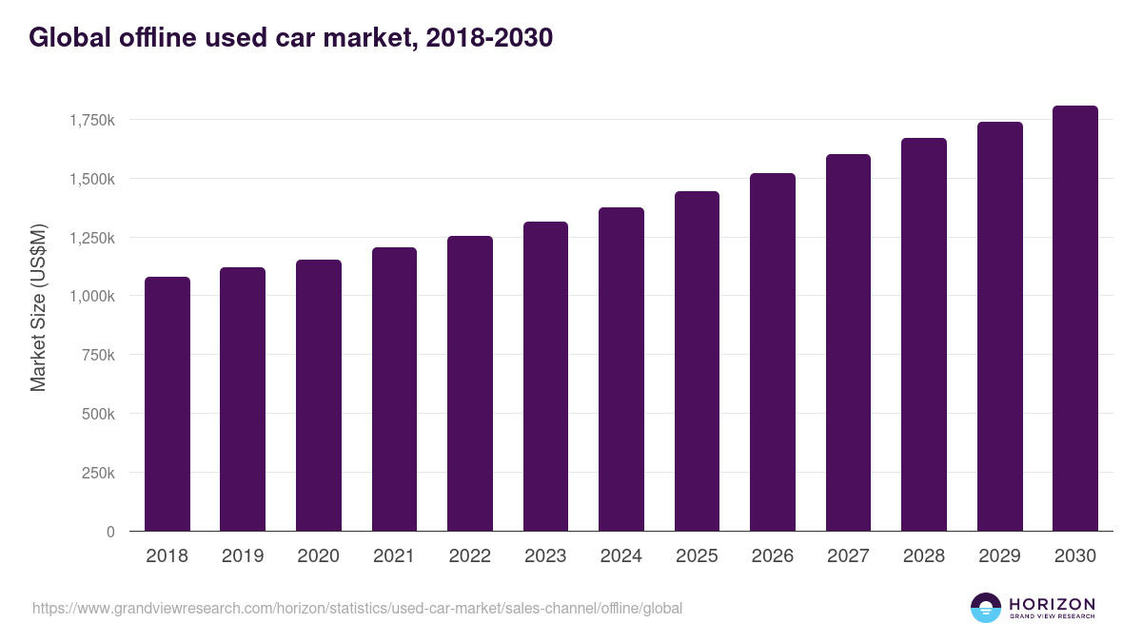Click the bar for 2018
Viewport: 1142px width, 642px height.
[x=167, y=404]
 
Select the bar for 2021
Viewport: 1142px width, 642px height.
[x=394, y=389]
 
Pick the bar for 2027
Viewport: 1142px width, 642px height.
[x=848, y=342]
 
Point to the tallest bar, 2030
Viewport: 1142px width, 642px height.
[x=1075, y=319]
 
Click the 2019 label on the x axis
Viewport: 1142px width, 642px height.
[x=243, y=556]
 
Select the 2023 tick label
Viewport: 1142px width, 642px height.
[x=545, y=556]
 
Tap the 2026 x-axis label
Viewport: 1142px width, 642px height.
[x=773, y=556]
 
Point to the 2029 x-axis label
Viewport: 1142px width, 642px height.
[x=999, y=556]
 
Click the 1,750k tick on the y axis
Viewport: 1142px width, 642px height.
[x=91, y=120]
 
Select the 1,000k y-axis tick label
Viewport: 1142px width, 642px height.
[x=91, y=296]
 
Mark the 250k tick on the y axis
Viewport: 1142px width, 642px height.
[x=98, y=473]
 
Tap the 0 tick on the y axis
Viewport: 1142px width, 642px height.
[x=109, y=532]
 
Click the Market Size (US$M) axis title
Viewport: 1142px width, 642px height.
[x=38, y=309]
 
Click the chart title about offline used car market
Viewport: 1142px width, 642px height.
[x=290, y=38]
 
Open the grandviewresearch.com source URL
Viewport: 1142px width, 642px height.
[x=357, y=608]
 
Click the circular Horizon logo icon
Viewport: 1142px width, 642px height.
[x=985, y=608]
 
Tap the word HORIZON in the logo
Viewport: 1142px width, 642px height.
[x=1052, y=604]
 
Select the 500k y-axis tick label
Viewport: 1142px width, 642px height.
[x=98, y=414]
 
